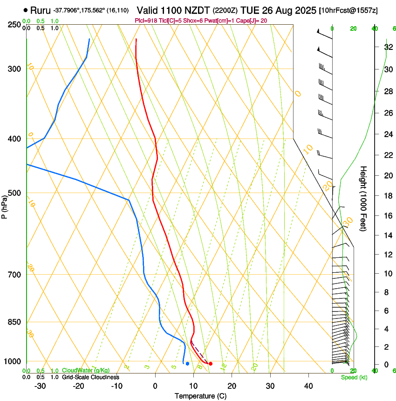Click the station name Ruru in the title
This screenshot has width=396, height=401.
click(x=41, y=10)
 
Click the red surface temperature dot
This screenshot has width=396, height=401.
click(x=211, y=364)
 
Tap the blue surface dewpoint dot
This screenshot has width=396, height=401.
click(x=187, y=364)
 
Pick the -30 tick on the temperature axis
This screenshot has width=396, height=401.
click(x=40, y=386)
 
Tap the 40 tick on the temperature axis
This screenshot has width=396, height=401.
click(x=308, y=386)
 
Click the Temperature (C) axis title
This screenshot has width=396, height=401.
click(x=200, y=396)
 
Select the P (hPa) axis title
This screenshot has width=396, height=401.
click(x=5, y=205)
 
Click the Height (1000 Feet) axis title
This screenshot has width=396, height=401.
click(x=364, y=198)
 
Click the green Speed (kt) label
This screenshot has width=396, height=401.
click(x=354, y=377)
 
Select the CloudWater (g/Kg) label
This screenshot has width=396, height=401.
click(x=86, y=370)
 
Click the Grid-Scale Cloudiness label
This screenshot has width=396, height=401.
click(x=90, y=377)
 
